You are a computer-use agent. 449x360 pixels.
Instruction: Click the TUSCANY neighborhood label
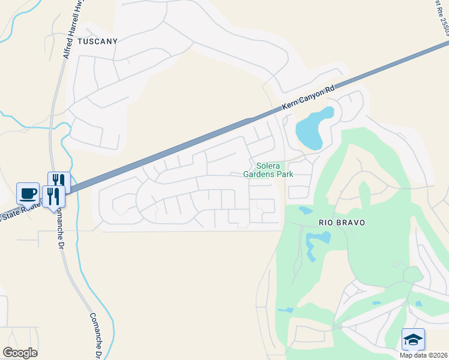97,41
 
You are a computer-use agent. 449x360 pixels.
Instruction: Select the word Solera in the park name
268,166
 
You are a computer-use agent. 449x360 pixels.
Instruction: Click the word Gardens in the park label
259,175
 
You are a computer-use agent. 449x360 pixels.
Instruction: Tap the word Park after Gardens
285,175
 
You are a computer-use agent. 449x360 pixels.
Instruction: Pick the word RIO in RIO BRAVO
326,223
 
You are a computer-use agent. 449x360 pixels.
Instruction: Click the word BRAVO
351,223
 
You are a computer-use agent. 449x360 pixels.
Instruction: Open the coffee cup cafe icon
28,193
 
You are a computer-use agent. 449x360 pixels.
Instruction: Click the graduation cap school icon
413,340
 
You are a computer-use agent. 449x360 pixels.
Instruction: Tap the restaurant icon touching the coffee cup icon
53,197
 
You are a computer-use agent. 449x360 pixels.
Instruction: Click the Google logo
20,353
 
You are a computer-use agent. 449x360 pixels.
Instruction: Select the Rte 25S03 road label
442,18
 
